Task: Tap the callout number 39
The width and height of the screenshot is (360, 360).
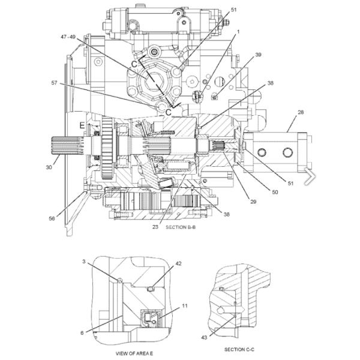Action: [x=259, y=55]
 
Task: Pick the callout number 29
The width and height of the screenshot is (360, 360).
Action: [x=253, y=202]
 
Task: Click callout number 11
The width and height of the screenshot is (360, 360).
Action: [x=184, y=306]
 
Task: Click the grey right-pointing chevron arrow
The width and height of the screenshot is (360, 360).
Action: [x=310, y=175]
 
